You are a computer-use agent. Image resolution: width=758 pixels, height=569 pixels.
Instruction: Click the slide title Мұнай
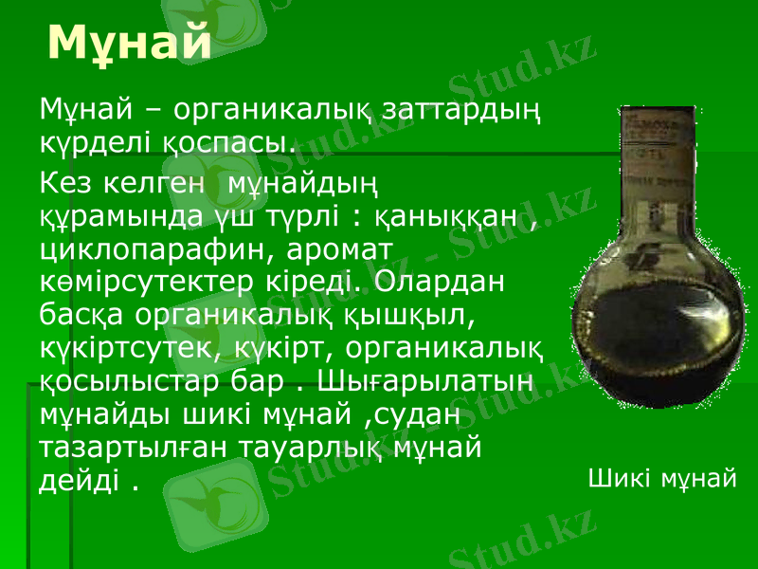(129, 42)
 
